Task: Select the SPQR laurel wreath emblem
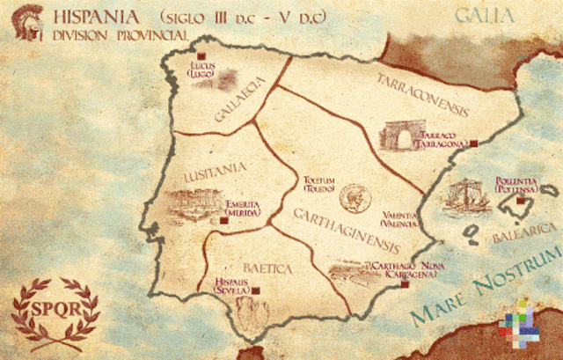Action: click(x=55, y=310)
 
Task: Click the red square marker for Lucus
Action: click(x=212, y=56)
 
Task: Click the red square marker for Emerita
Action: click(x=223, y=221)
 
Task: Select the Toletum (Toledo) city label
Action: click(x=319, y=181)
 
